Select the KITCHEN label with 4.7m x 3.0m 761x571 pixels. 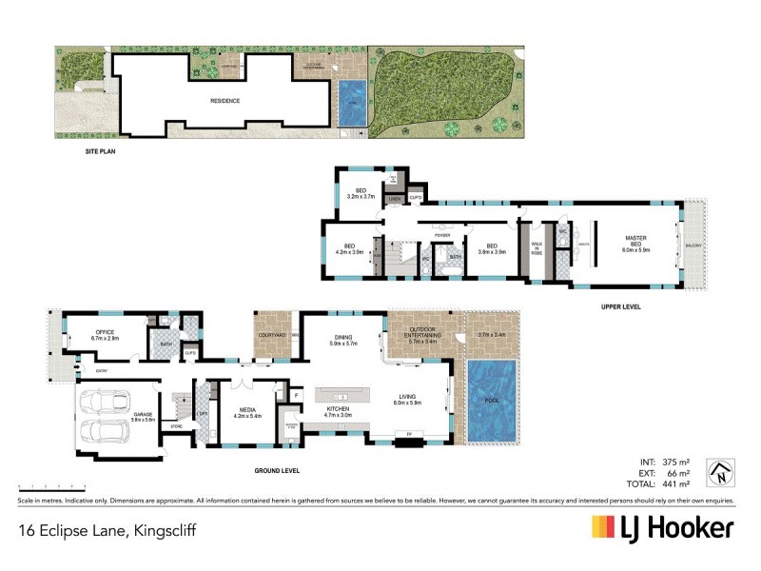pos(340,412)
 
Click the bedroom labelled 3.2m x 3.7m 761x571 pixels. pos(361,193)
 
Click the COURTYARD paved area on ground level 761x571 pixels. pos(273,333)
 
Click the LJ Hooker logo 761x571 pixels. pos(663,528)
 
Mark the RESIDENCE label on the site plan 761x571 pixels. pos(224,100)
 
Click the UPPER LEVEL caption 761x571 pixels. pos(620,306)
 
